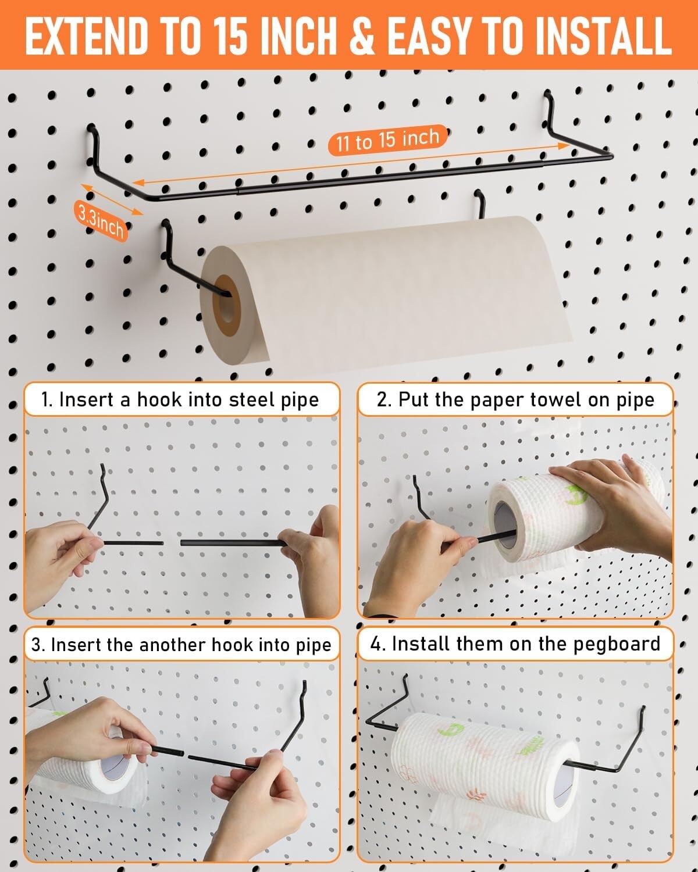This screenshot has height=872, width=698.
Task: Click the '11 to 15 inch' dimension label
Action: [x=387, y=140]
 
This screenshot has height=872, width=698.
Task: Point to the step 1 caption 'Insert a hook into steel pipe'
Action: [x=180, y=400]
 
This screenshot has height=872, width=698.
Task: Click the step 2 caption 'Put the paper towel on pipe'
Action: [x=515, y=400]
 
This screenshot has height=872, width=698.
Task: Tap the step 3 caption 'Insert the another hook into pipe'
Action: [x=181, y=645]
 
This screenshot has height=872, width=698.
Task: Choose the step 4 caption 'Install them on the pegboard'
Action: [x=515, y=644]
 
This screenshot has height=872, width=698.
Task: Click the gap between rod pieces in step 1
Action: [x=172, y=543]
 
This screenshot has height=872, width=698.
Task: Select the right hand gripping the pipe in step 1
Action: [x=311, y=558]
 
